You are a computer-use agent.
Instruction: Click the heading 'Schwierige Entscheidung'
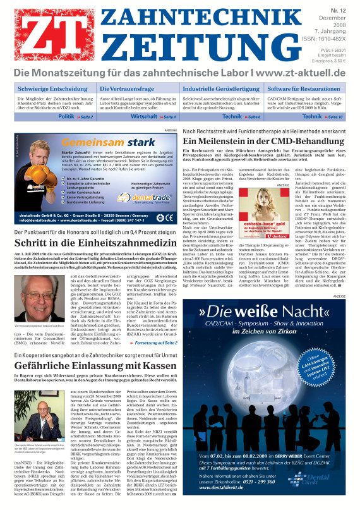pyautogui.click(x=54, y=88)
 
